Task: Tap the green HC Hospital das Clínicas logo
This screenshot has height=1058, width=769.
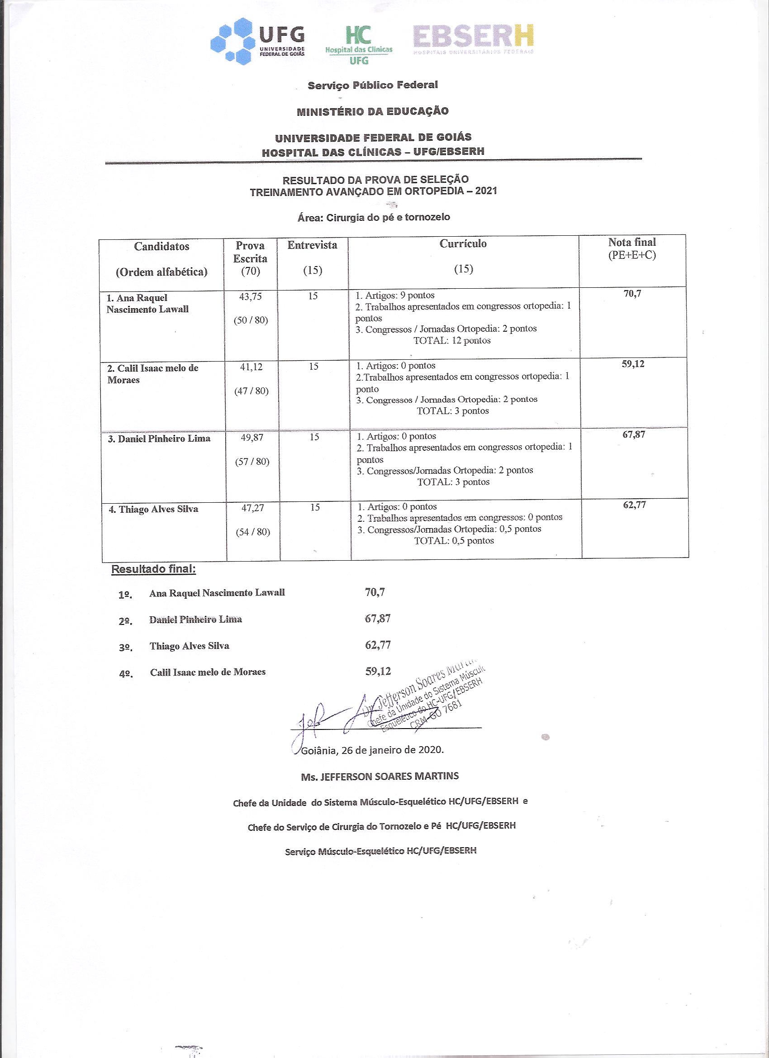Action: point(359,44)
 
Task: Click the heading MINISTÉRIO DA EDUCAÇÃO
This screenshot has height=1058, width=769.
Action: point(373,111)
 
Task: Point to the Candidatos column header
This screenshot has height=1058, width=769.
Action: point(161,247)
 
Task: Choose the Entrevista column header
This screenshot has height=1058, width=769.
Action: point(312,245)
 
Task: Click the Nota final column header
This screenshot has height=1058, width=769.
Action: point(632,243)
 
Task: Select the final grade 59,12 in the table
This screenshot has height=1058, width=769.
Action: point(633,364)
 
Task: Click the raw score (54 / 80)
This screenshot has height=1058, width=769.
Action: point(253,532)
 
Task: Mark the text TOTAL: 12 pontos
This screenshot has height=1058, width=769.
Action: point(452,341)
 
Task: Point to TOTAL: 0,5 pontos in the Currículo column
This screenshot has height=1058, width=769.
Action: point(454,541)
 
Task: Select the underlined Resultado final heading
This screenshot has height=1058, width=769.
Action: point(153,570)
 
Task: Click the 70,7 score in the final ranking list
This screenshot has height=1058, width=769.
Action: point(375,592)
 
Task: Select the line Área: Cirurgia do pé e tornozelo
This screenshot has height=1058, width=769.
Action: point(374,217)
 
